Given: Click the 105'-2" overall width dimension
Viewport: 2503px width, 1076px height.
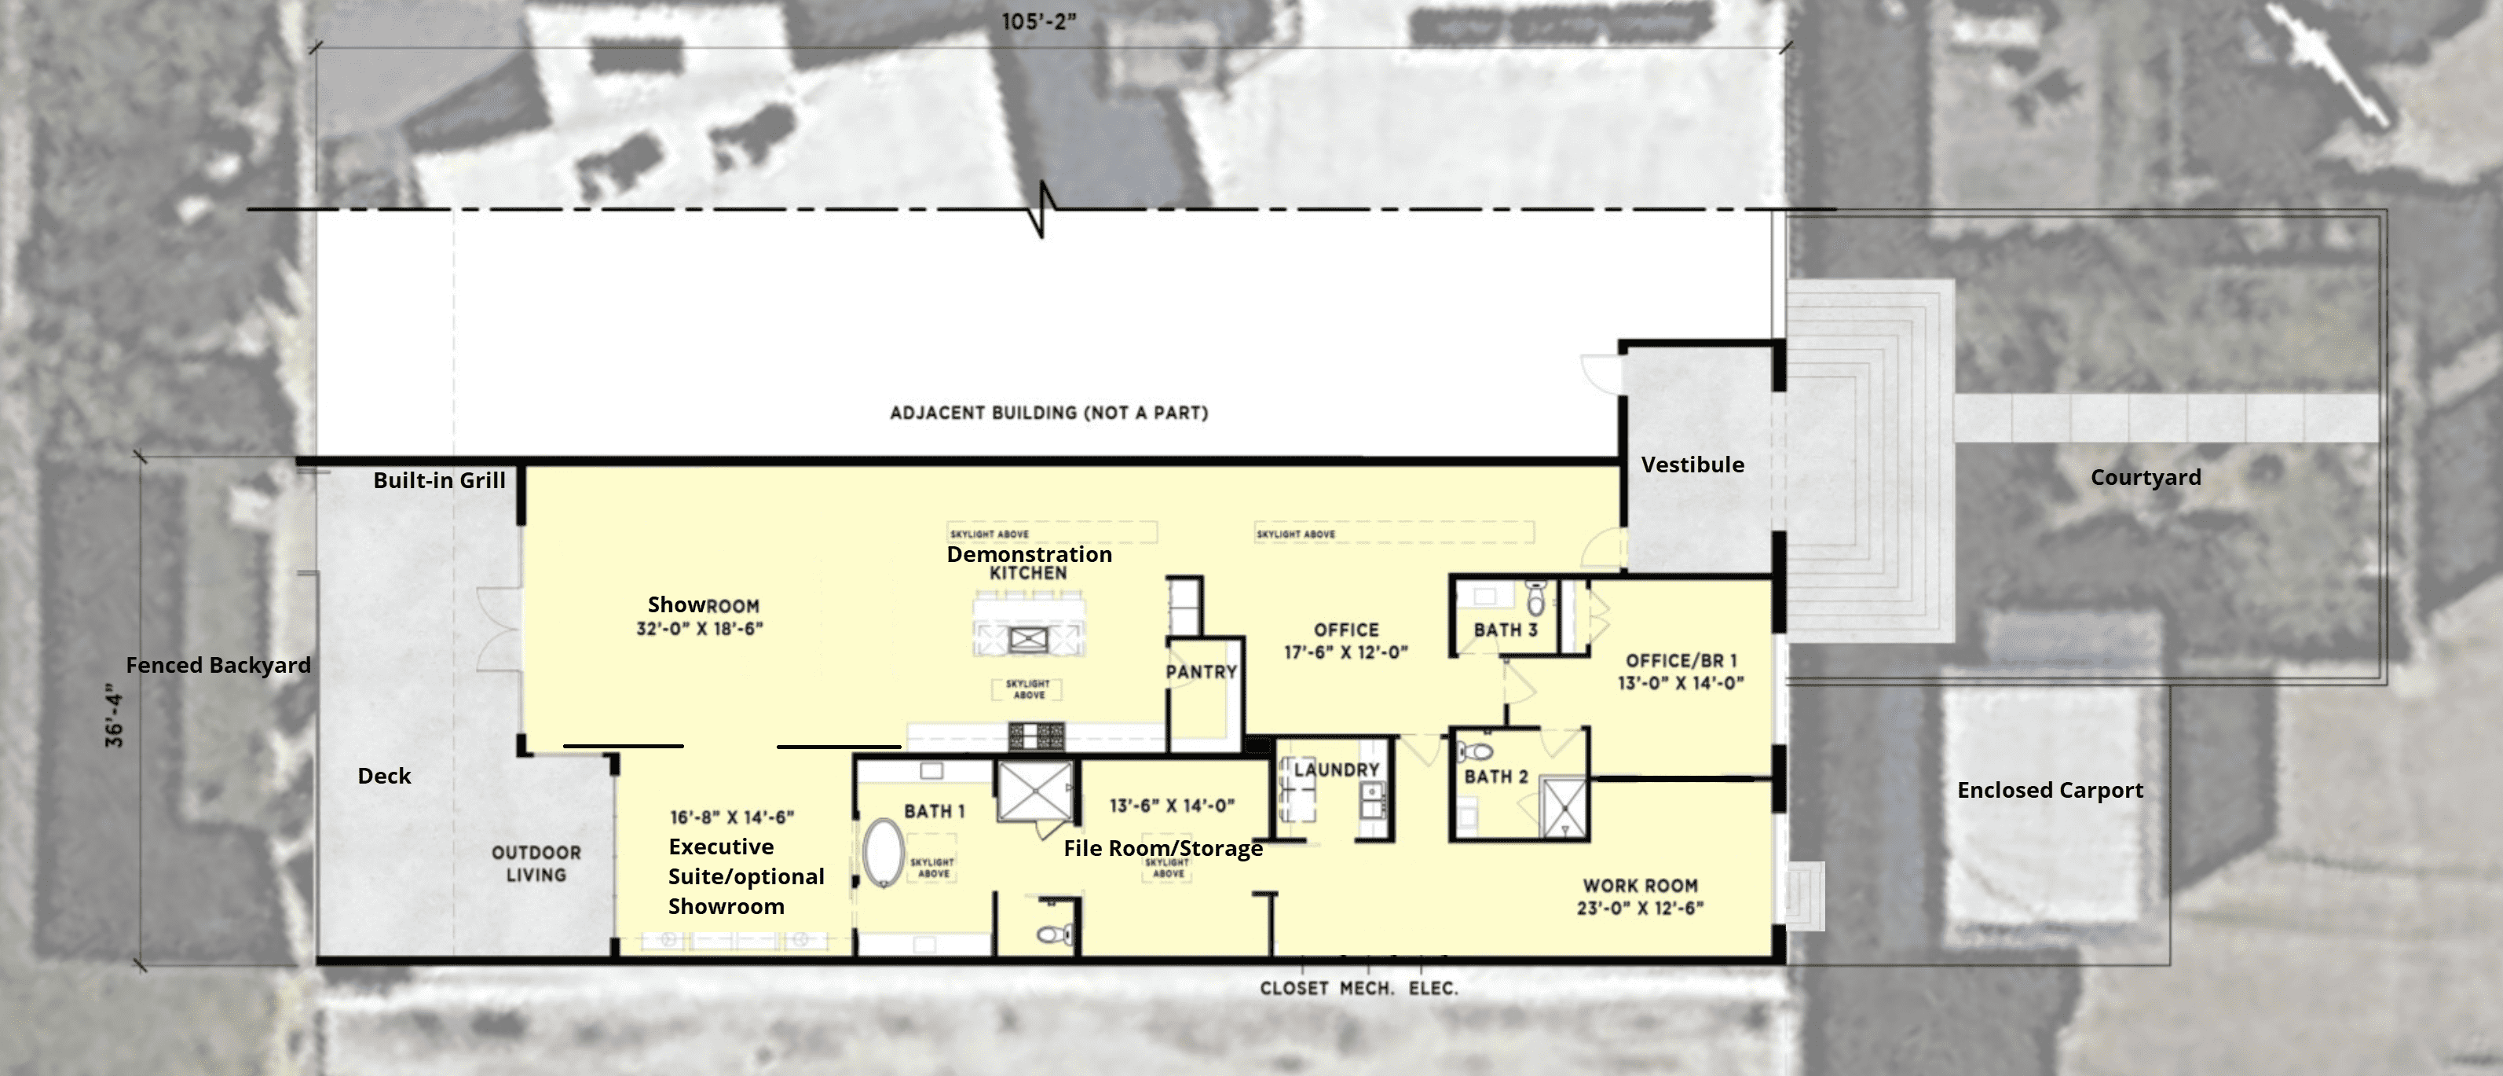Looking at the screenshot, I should pos(1039,21).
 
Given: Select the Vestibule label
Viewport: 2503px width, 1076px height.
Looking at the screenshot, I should pos(1692,465).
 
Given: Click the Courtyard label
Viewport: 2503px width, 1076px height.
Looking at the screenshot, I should pos(2146,477).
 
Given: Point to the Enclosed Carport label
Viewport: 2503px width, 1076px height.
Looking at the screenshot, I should pos(2049,790).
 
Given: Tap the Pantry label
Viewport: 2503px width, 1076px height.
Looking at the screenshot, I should pos(1201,672).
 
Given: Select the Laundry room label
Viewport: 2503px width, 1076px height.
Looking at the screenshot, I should pos(1336,769).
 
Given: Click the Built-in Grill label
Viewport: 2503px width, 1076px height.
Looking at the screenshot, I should pos(439,480).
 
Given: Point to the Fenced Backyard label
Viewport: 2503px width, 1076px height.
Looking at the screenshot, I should pos(218,666).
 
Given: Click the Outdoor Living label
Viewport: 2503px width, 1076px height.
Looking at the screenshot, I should pos(536,863).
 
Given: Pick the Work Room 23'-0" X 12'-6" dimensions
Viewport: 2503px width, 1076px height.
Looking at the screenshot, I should pos(1639,909).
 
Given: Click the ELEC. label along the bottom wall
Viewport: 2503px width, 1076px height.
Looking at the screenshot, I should pos(1433,989).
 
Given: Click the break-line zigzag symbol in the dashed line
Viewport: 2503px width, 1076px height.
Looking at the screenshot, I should pos(1043,209).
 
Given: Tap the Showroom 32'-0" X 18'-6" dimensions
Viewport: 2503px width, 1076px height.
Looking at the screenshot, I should pos(699,629).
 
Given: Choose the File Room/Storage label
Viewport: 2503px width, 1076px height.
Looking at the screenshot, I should pos(1163,849).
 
